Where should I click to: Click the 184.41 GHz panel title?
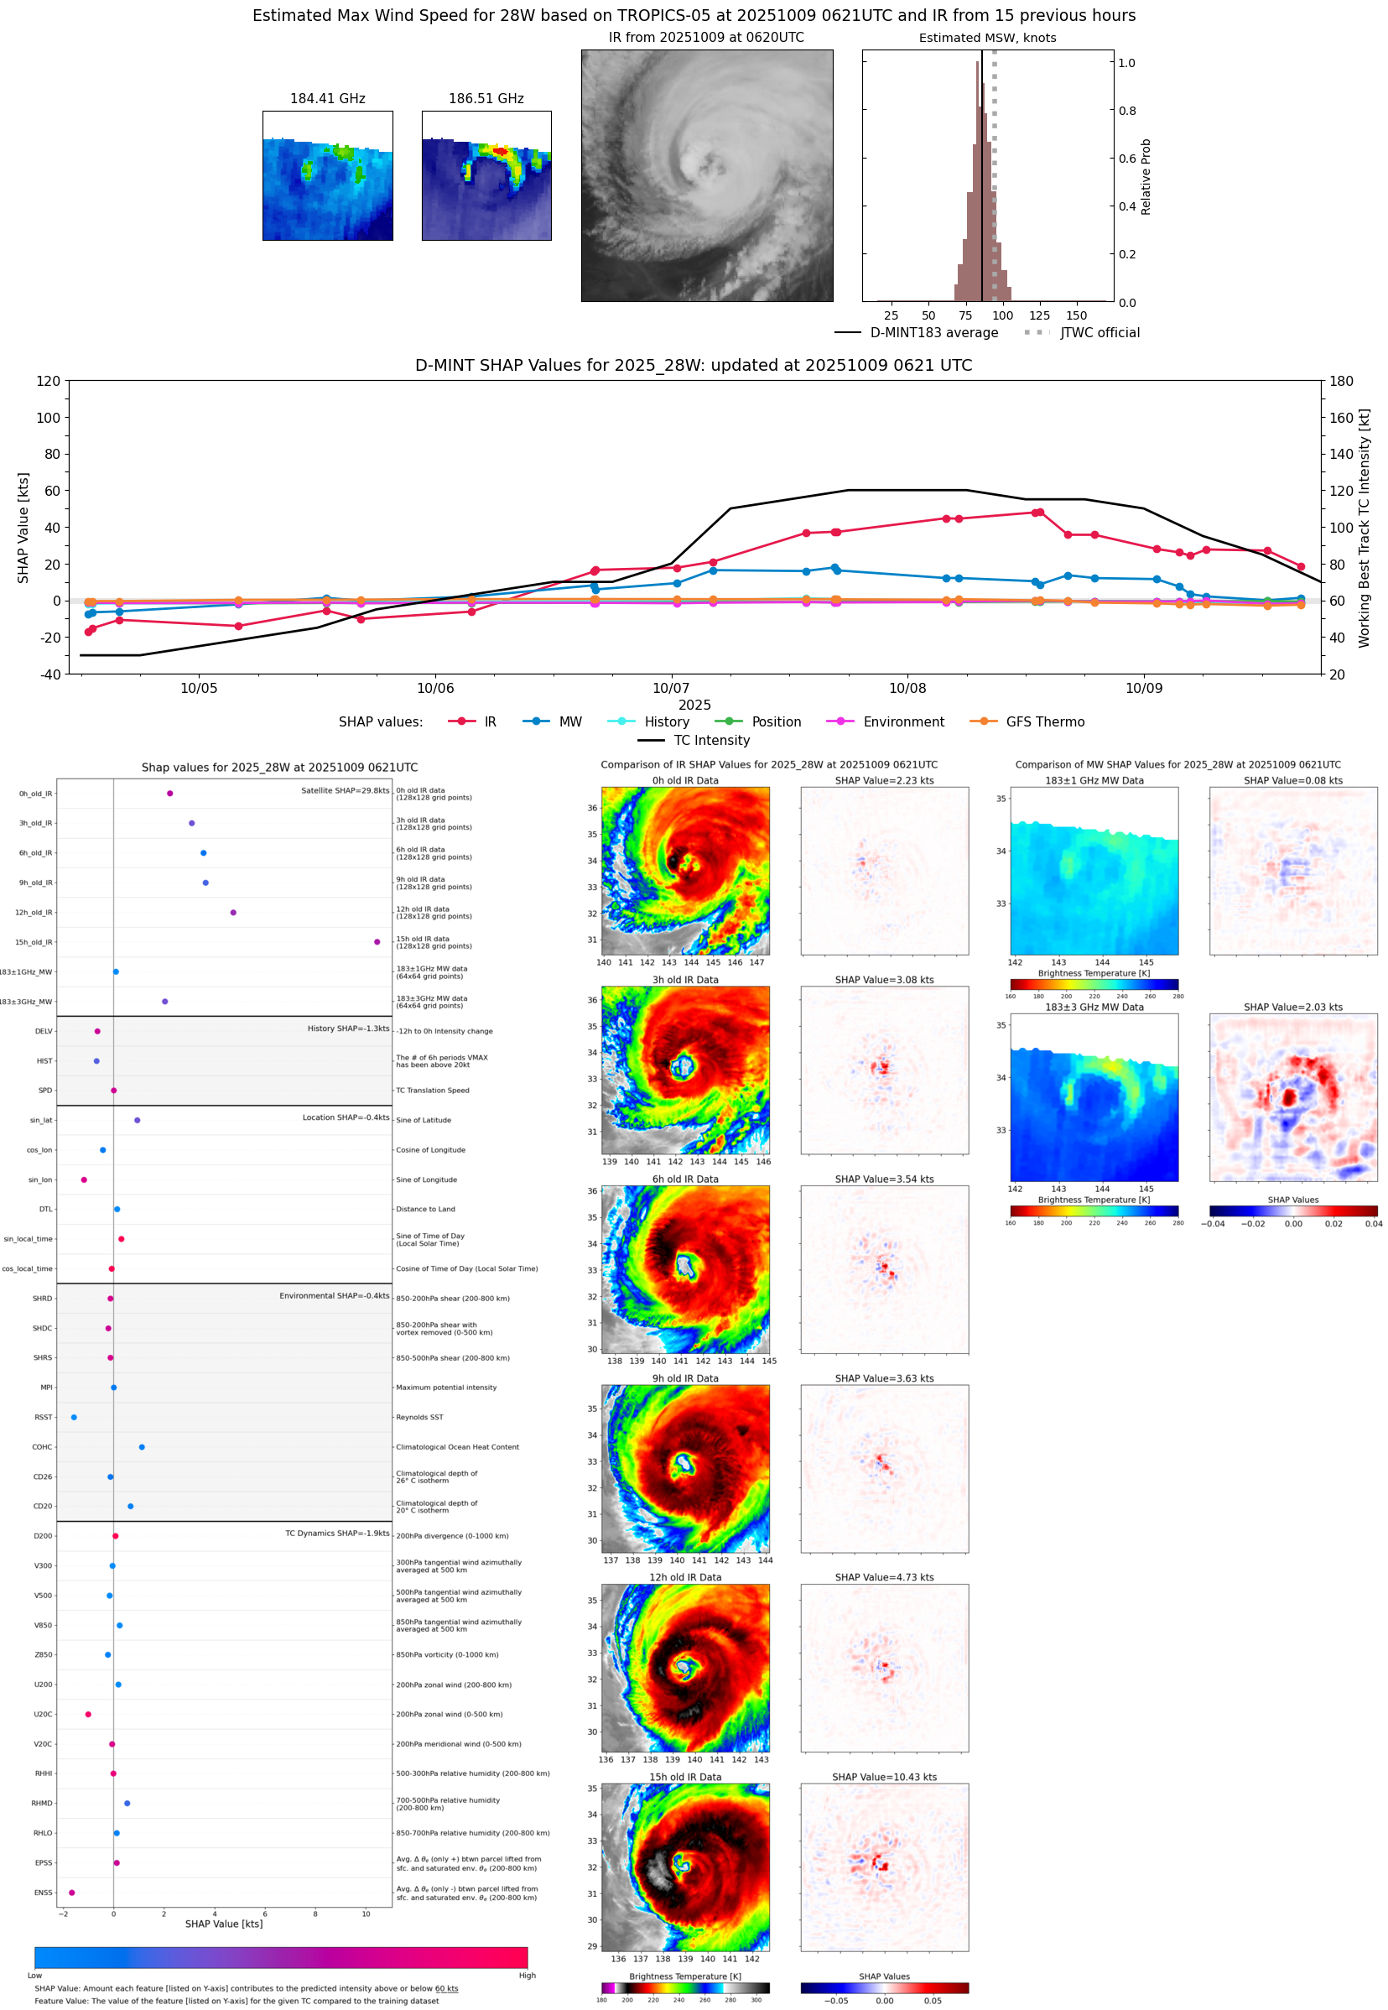[327, 99]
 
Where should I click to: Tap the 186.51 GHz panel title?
[486, 99]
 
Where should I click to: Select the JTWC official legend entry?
[1099, 333]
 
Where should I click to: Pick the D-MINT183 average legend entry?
[933, 333]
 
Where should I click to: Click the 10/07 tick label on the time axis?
[671, 688]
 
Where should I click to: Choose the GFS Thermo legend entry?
[1044, 722]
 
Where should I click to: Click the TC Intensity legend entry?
[710, 740]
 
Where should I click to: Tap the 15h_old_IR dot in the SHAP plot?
[377, 942]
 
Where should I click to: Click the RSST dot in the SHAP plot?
[74, 1417]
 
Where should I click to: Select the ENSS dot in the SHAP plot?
[71, 1893]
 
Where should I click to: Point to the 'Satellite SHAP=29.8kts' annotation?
[345, 790]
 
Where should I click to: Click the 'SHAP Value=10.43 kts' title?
[884, 1777]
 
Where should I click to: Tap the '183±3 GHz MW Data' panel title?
[1094, 1008]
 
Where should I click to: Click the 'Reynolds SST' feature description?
[419, 1417]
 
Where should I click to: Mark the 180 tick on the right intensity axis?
[1342, 381]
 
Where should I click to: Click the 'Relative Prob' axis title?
[1146, 176]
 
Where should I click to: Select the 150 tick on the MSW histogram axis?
[1077, 315]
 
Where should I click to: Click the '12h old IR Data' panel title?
[685, 1577]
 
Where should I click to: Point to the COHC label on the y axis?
[42, 1447]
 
